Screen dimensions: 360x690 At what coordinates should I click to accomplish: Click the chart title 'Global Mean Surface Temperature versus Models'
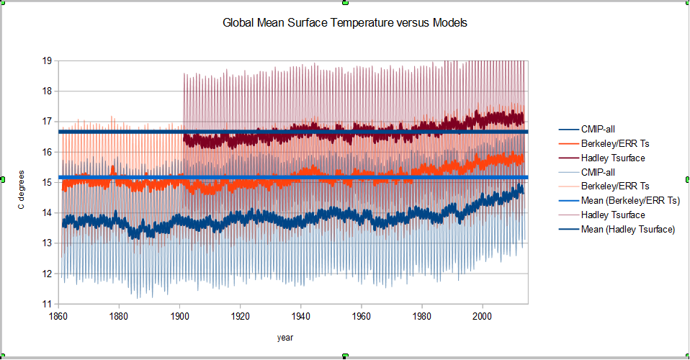pos(345,23)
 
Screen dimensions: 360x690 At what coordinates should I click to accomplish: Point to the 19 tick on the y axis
pos(47,60)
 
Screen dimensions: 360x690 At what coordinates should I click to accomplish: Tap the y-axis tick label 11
pos(47,304)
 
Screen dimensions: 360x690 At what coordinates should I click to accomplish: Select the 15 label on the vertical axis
pos(47,182)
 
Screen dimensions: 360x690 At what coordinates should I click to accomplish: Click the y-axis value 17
pos(47,122)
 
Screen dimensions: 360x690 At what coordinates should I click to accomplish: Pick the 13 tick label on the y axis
pos(47,243)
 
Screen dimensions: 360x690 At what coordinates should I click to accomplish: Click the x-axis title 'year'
pos(285,337)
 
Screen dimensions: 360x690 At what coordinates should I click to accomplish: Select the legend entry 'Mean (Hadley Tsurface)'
pos(628,230)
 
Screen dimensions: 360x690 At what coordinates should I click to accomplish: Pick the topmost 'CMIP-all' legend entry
pos(598,129)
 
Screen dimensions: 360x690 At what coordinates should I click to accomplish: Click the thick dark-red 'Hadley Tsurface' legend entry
pos(613,158)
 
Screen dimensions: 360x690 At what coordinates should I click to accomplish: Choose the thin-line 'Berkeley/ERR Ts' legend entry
pos(613,186)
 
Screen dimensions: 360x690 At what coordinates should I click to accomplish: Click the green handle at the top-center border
pos(345,2)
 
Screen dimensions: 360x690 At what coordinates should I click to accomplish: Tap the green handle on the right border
pos(687,179)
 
